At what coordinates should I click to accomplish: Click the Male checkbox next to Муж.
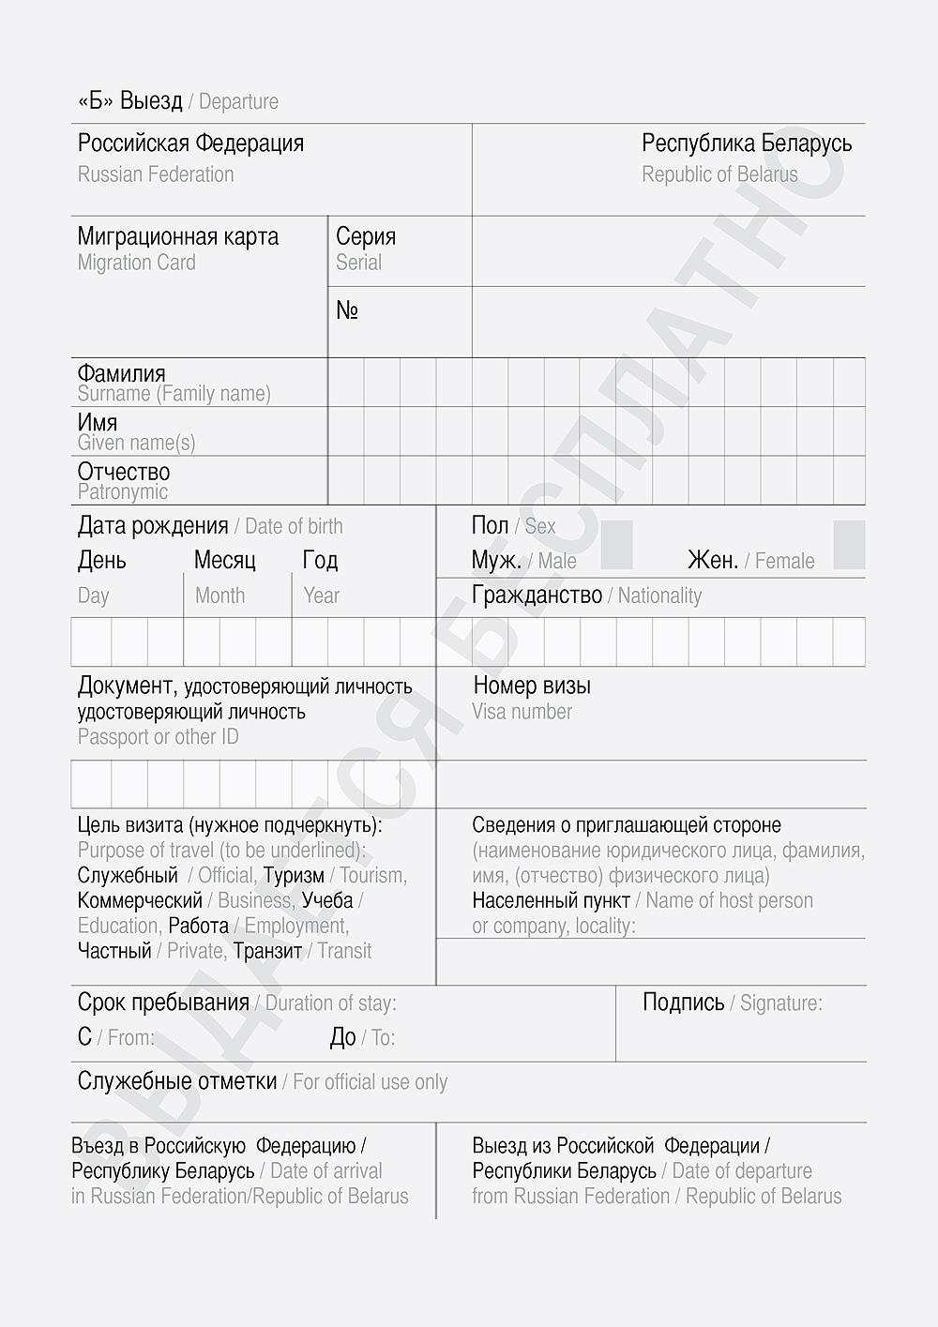point(616,545)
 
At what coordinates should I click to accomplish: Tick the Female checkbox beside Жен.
point(849,545)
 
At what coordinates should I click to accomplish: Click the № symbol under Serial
point(347,310)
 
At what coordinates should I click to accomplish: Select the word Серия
point(366,236)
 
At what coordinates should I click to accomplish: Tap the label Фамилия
point(121,374)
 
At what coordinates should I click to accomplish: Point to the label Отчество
point(124,472)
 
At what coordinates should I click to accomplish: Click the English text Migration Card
point(137,263)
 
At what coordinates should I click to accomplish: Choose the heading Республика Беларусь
point(747,143)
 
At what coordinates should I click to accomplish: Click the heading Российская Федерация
point(190,143)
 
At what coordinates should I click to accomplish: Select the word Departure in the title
point(238,102)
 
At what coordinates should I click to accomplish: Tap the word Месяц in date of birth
point(225,561)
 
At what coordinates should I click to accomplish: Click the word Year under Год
point(321,596)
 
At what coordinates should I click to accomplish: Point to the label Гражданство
point(537,596)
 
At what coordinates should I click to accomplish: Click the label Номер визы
point(532,686)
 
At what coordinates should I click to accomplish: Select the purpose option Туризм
point(294,876)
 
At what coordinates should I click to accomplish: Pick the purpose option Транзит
point(267,951)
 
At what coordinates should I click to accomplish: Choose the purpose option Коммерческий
point(140,900)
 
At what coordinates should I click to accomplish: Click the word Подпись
point(683,1003)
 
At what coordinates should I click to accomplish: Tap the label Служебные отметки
point(177,1081)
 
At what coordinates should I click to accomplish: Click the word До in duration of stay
point(342,1037)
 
